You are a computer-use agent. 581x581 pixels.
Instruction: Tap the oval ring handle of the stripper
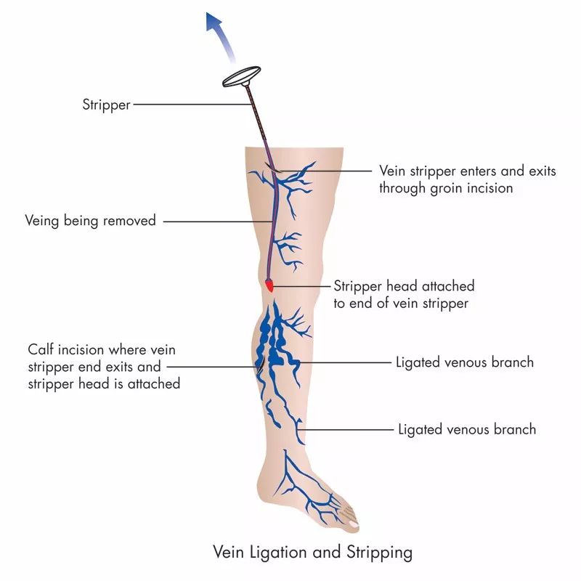pyautogui.click(x=242, y=74)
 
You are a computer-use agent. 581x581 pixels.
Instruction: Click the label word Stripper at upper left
pyautogui.click(x=106, y=105)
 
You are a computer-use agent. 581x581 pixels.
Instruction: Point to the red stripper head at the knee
pyautogui.click(x=269, y=285)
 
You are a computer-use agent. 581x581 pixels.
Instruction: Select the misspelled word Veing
pyautogui.click(x=44, y=220)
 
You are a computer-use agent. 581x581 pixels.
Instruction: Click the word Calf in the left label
pyautogui.click(x=41, y=349)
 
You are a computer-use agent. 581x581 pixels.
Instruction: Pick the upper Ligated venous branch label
pyautogui.click(x=465, y=362)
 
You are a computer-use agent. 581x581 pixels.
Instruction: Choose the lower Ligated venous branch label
pyautogui.click(x=467, y=429)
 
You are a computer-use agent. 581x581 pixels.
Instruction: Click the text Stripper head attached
pyautogui.click(x=404, y=286)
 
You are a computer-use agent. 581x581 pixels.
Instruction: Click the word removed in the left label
pyautogui.click(x=129, y=220)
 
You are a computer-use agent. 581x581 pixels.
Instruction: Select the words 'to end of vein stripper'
pyautogui.click(x=401, y=304)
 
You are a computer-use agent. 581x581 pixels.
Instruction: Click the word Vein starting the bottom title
pyautogui.click(x=228, y=552)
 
